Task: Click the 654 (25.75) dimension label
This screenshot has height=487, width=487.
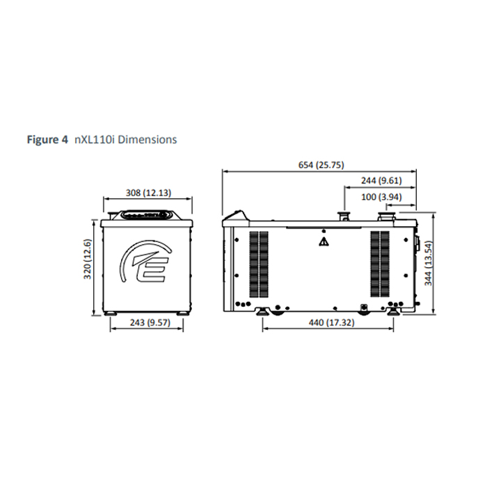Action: (x=321, y=165)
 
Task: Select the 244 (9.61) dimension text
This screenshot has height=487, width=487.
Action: (x=381, y=180)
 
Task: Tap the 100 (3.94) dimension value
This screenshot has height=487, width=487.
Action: (x=381, y=197)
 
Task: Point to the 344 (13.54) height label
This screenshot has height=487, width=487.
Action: (x=429, y=263)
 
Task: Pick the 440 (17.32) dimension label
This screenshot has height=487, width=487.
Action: (x=331, y=323)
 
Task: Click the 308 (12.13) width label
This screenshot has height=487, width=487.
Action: (x=148, y=193)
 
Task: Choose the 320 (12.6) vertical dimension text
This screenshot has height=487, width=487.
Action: (x=88, y=259)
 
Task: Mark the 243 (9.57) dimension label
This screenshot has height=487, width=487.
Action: (x=150, y=323)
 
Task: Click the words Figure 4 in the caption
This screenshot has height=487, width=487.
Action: (x=47, y=139)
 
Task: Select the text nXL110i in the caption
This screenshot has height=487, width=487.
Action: (x=95, y=139)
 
